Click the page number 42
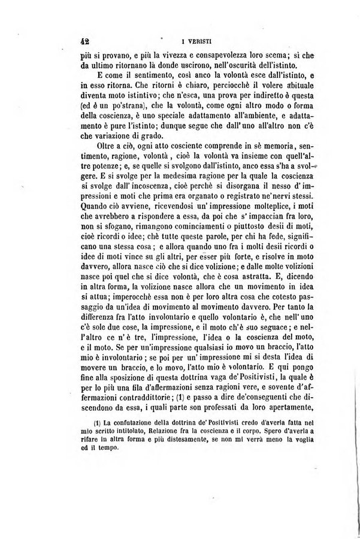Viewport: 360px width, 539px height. tap(84, 42)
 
